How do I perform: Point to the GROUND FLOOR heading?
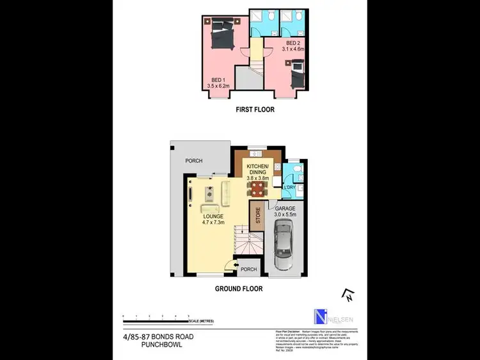(x=239, y=288)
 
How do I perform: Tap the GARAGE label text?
(x=285, y=209)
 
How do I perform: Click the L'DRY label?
(x=289, y=187)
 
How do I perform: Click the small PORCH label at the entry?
(x=249, y=269)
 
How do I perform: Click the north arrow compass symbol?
(x=349, y=295)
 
